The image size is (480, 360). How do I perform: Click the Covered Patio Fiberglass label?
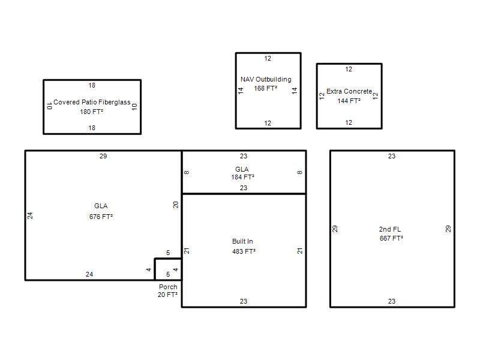[92, 102]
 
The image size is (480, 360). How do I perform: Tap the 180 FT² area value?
[92, 112]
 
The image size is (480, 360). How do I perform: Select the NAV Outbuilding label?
[266, 79]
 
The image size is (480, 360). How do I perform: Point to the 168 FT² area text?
[265, 88]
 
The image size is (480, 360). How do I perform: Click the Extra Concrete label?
[349, 91]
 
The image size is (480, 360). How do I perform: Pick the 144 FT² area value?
[349, 101]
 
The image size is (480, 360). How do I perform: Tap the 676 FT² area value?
[101, 217]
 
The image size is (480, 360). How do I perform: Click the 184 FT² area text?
[243, 177]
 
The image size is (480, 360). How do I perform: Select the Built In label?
[242, 241]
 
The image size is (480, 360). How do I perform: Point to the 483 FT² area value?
[244, 251]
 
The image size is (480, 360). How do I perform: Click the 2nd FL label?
[389, 229]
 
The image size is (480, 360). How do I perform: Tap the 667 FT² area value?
[391, 238]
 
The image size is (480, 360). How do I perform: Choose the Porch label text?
[168, 287]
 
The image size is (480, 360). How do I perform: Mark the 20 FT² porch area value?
[167, 295]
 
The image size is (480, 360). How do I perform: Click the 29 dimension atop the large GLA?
[103, 156]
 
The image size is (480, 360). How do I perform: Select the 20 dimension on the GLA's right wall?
[176, 205]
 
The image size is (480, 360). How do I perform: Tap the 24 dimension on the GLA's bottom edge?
[89, 274]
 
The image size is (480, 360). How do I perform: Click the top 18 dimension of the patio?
[92, 85]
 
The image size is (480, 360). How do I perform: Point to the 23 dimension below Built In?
[244, 301]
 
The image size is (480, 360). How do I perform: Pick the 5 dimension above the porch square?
[168, 253]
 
